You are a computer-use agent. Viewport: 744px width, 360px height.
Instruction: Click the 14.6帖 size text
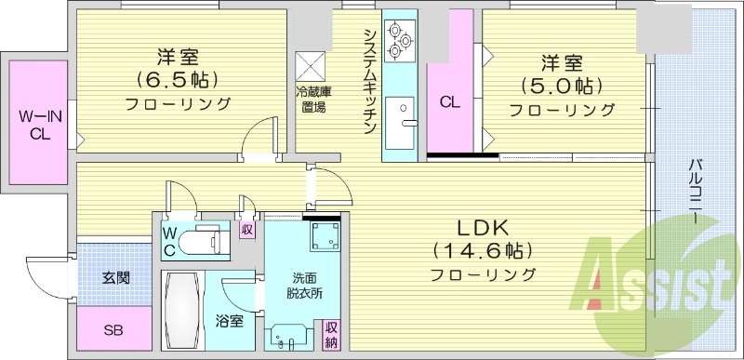483,251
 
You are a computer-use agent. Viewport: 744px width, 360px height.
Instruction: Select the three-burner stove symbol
402,42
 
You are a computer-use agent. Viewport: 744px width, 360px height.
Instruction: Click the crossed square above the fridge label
309,65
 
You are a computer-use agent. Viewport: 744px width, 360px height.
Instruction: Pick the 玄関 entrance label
115,277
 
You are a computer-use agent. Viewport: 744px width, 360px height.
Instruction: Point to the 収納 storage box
331,336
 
